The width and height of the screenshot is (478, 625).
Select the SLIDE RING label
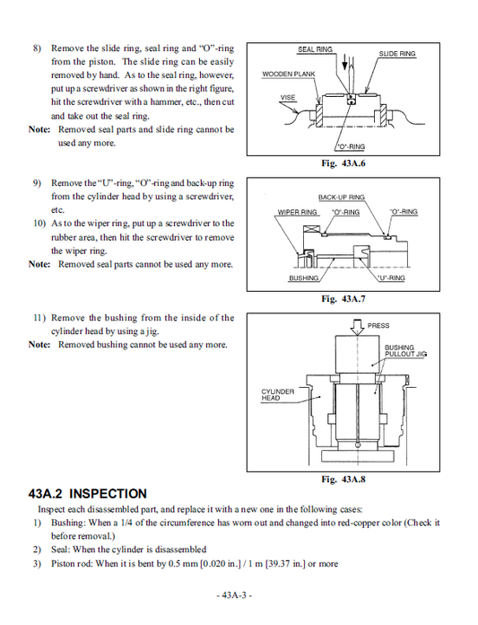397,54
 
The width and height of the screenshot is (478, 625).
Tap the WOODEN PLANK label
287,74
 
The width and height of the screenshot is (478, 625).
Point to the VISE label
288,97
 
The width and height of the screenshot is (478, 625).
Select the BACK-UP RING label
342,197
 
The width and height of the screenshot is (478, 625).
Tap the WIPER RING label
298,213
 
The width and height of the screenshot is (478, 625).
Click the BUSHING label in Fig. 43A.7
303,278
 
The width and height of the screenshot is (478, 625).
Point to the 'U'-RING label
391,278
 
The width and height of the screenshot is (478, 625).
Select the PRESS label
378,326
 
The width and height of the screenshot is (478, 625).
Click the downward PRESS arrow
356,326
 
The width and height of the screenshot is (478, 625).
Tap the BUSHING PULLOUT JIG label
405,351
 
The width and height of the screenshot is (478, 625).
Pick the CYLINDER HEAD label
278,395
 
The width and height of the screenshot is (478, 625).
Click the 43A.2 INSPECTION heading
88,494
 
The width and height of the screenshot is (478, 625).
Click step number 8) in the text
38,48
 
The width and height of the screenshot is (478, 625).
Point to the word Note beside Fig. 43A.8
39,344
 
